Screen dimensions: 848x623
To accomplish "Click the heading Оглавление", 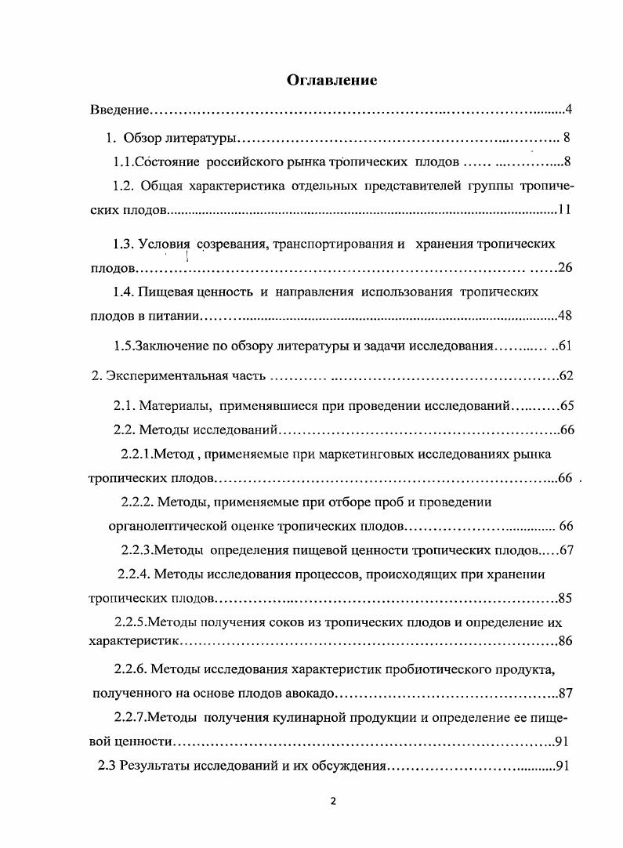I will pyautogui.click(x=332, y=79).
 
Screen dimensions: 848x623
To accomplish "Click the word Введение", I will pyautogui.click(x=118, y=109).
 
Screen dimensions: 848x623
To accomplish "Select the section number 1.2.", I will pyautogui.click(x=125, y=186).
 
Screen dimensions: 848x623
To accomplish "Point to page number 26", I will pyautogui.click(x=566, y=268).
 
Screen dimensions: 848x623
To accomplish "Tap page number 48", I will pyautogui.click(x=566, y=317).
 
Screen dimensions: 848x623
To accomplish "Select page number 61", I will pyautogui.click(x=566, y=346).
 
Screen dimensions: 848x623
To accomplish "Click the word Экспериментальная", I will pyautogui.click(x=165, y=376).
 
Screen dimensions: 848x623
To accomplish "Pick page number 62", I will pyautogui.click(x=567, y=376).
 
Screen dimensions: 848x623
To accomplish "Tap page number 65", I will pyautogui.click(x=567, y=406).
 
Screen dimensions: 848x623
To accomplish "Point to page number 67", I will pyautogui.click(x=567, y=550).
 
